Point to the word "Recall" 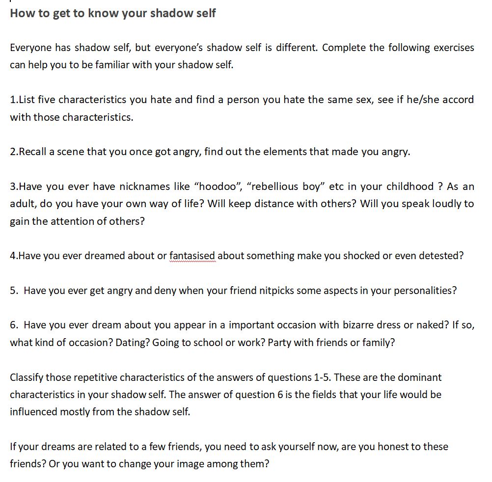pyautogui.click(x=33, y=152)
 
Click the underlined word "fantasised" pyautogui.click(x=192, y=256)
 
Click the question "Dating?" pyautogui.click(x=133, y=343)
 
